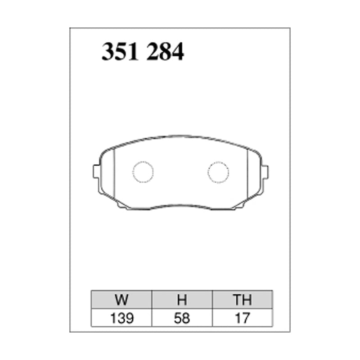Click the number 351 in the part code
coord(120,52)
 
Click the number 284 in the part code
coord(165,52)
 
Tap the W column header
coord(121,300)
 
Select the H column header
coord(182,300)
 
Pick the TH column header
coord(243,300)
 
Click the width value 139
coord(121,318)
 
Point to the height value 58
coord(182,318)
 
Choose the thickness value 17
coord(243,318)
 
